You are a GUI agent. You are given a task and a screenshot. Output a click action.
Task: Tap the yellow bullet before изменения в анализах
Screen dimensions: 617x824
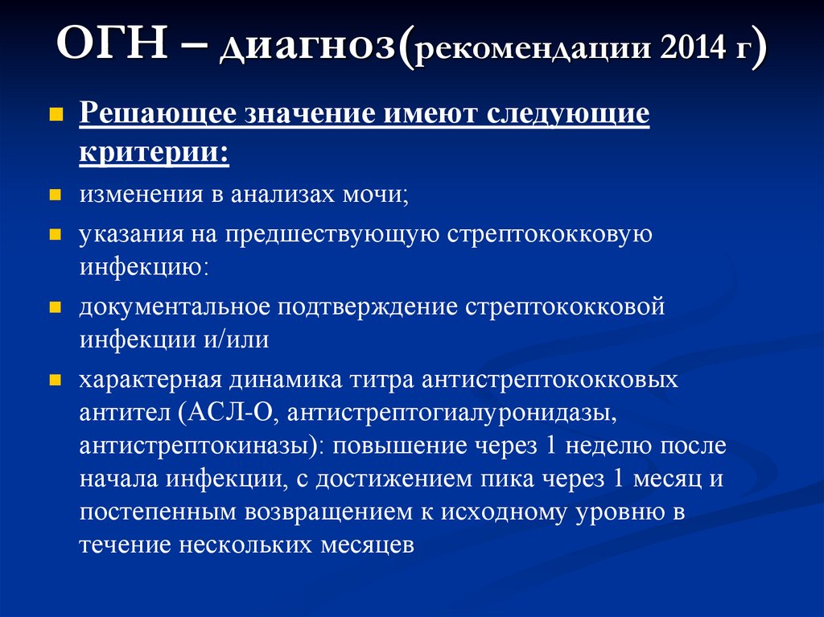pos(56,195)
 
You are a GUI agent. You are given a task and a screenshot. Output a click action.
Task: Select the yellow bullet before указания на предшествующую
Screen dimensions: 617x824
pos(56,234)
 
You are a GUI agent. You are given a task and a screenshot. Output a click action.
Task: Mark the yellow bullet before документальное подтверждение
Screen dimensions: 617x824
pos(56,307)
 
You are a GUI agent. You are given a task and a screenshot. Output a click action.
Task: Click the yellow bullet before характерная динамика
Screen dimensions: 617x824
pos(56,377)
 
